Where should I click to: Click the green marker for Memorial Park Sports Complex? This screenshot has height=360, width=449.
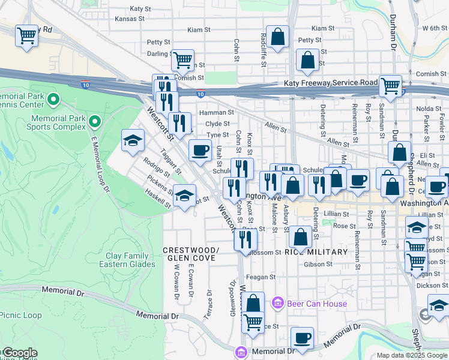click(x=95, y=122)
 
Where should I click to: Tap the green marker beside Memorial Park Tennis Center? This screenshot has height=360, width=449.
click(x=53, y=99)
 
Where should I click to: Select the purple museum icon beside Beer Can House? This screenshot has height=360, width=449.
click(x=277, y=304)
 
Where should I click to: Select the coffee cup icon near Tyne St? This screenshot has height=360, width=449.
click(x=200, y=150)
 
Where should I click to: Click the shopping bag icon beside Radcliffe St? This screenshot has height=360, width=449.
click(x=278, y=37)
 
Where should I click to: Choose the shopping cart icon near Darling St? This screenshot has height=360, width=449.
click(x=182, y=60)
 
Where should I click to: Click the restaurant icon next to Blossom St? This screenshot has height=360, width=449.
click(x=245, y=239)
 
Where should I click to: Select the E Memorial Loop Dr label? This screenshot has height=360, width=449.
click(x=100, y=163)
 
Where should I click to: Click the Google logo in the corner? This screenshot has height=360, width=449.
click(x=19, y=353)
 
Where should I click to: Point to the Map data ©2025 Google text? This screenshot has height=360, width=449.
click(x=412, y=355)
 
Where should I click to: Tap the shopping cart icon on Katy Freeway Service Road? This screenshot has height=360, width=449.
click(x=390, y=86)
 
